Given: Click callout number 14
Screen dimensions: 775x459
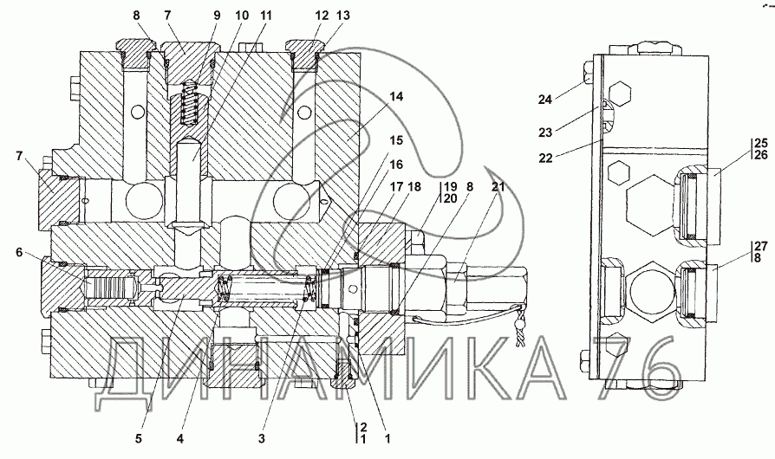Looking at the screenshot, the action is (396, 97).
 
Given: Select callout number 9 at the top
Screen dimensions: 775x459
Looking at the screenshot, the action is (217, 16).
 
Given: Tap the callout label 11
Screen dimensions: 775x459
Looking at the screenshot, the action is (265, 16).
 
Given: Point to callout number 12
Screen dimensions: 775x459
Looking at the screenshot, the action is (322, 16).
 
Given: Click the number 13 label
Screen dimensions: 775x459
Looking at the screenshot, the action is (342, 16).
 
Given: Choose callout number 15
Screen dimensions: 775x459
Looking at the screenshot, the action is (396, 140).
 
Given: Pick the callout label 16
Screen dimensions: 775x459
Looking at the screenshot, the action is (396, 165).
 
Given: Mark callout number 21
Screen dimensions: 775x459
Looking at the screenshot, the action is (498, 186).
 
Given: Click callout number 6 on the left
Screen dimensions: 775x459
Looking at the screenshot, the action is (19, 252).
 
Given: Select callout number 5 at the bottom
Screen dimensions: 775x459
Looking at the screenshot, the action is (139, 437).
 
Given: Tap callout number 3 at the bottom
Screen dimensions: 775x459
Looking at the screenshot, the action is (262, 437).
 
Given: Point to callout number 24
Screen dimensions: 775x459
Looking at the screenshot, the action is (544, 100).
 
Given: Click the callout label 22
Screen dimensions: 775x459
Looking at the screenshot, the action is (544, 158).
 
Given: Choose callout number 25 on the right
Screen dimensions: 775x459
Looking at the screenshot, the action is (761, 144).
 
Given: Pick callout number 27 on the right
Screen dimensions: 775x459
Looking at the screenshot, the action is (761, 246).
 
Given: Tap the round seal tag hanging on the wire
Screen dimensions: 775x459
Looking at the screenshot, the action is (519, 323).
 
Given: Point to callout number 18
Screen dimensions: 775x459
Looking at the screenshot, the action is (414, 186).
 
